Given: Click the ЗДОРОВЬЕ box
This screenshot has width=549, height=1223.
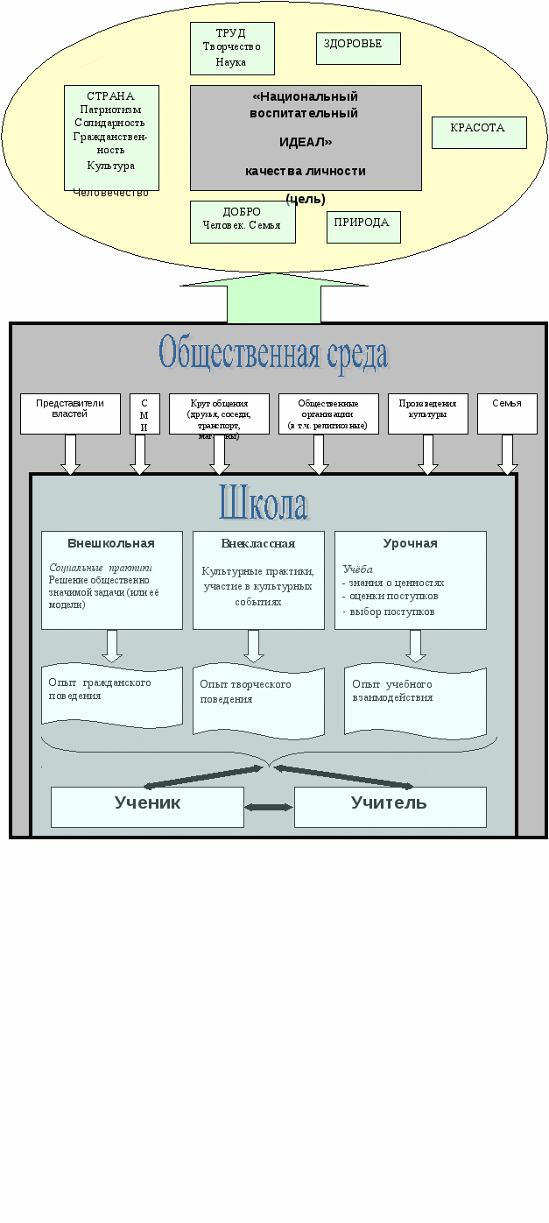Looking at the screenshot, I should coord(358,48).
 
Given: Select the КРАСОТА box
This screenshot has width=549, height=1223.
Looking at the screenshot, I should coord(479,132).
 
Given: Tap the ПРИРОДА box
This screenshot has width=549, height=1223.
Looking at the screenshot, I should coord(363,226).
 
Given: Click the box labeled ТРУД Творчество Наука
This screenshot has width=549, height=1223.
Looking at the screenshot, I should coord(231,48).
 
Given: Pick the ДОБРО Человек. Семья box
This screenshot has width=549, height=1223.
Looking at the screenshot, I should coord(243,221).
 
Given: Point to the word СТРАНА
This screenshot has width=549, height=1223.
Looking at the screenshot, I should coord(111,96).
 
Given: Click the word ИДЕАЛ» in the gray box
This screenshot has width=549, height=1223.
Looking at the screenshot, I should coord(306,142).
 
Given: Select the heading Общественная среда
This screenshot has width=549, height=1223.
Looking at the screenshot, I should coord(273,354).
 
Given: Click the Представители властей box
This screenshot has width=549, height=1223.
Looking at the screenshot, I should coord(70,414).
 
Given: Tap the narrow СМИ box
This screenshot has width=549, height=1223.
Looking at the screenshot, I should coord(144,414).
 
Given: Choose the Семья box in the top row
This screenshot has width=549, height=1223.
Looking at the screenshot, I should coord(507,414).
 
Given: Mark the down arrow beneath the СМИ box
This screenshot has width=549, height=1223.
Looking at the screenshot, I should coord(140,455).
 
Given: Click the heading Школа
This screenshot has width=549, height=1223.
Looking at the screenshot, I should coord(263,505).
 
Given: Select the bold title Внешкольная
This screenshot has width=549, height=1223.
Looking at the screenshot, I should coord(111,543).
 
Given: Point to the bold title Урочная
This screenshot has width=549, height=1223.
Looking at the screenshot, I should coord(410,543).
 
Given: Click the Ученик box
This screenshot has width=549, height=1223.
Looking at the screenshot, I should coord(147,806).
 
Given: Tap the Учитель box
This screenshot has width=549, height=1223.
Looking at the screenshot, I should coord(390,806).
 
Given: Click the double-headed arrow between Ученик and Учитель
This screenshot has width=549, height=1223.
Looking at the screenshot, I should coord(269,807).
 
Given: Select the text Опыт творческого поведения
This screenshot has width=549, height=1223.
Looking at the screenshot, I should coord(246,691).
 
